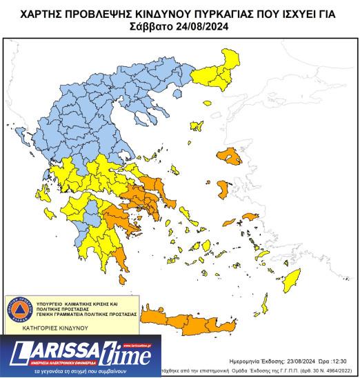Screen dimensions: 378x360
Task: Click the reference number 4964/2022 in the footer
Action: (x=337, y=370)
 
